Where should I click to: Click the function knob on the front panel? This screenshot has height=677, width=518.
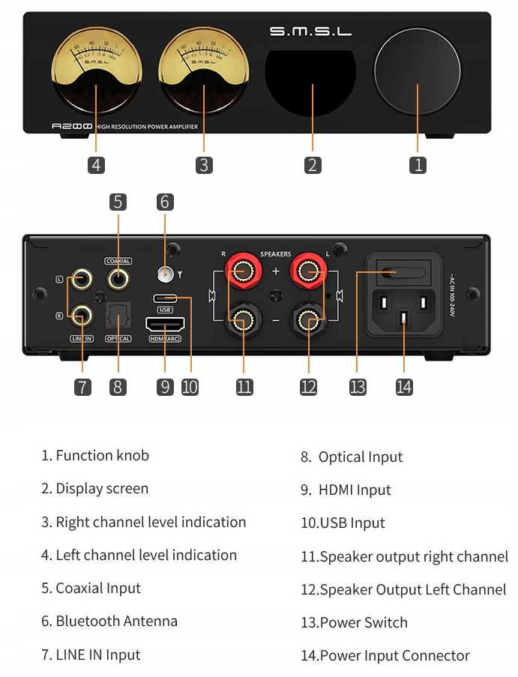coord(417,73)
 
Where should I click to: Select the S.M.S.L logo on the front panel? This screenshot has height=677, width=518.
coord(310,31)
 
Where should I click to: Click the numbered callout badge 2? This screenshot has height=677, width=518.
coord(313,165)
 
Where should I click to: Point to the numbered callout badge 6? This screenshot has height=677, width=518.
coord(165,202)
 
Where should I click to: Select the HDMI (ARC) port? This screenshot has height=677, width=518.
coord(165,325)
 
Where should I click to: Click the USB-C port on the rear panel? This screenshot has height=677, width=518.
coord(165,298)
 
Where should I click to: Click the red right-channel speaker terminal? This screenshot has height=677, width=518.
coord(241,269)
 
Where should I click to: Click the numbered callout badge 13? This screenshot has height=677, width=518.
coord(358,387)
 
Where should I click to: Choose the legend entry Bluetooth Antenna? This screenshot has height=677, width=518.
coord(109,622)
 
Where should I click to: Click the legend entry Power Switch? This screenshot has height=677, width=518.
coord(354,623)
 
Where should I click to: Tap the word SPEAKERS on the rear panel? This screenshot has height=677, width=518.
coord(275,254)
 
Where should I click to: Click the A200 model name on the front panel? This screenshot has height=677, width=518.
coord(72,127)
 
